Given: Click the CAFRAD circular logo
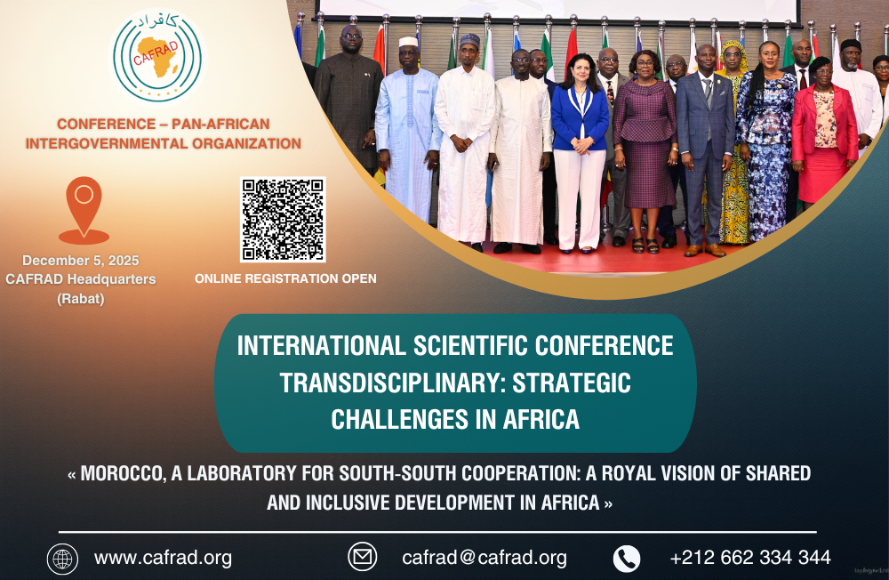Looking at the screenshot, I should tap(157, 58).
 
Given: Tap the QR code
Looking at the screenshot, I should tap(283, 220).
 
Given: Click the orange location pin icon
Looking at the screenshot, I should tap(84, 209).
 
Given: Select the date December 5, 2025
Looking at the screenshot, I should tap(80, 261).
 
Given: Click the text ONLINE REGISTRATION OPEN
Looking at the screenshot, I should tap(285, 278).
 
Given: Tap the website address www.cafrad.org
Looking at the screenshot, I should tap(163, 558).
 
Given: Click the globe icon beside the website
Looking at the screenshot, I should tap(62, 559).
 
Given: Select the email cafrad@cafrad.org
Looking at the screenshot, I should tap(485, 558).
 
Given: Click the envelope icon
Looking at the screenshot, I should tap(362, 557).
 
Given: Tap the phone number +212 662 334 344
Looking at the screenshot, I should tap(750, 558).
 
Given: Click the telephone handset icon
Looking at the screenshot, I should tap(627, 559).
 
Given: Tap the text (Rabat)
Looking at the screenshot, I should tap(80, 298).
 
